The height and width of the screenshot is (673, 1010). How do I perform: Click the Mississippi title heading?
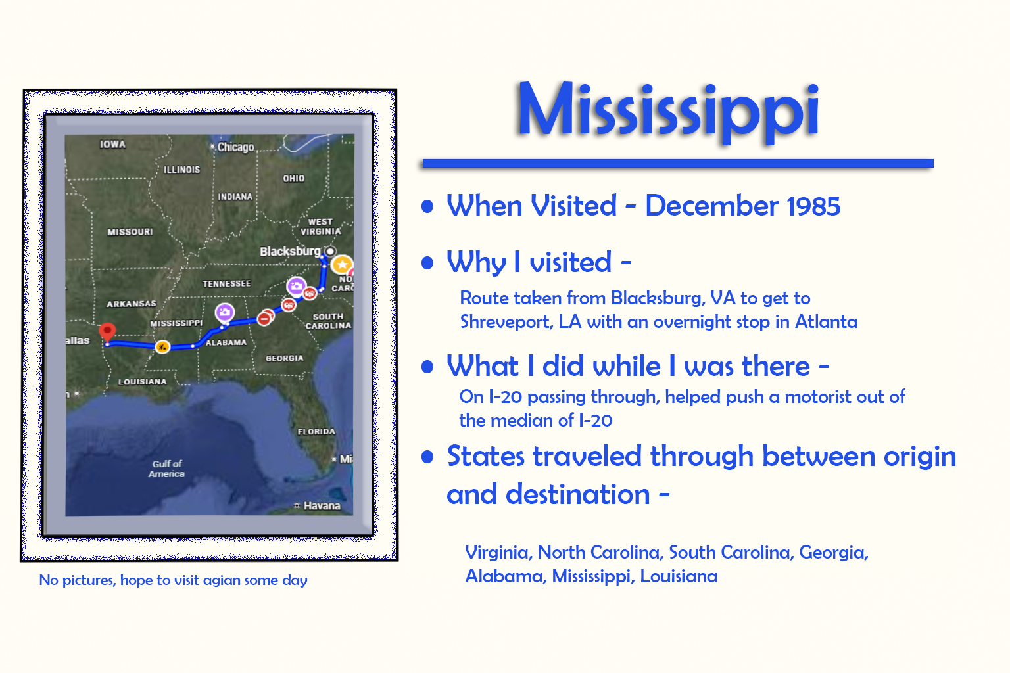coord(667,110)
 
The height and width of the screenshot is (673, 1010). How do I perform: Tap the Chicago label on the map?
coord(235,147)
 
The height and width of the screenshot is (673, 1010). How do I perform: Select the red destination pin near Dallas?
coord(107,332)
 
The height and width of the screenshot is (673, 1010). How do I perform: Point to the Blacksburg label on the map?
coord(289,251)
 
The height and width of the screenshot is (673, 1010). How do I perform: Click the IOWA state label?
coord(112,144)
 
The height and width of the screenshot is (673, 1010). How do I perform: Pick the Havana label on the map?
coord(322,505)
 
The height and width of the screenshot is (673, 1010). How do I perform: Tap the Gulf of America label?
coord(167,469)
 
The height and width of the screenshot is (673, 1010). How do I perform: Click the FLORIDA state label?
coord(316,432)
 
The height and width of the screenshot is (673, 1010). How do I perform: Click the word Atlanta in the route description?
coord(826,321)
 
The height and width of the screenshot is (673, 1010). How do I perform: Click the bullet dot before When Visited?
coord(427,206)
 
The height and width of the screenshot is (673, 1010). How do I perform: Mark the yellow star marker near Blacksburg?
coord(342,264)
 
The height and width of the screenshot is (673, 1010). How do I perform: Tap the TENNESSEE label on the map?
coord(226,283)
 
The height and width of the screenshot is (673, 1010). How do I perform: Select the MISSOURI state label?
coord(130,231)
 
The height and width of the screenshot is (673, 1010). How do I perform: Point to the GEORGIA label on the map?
coord(284,358)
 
